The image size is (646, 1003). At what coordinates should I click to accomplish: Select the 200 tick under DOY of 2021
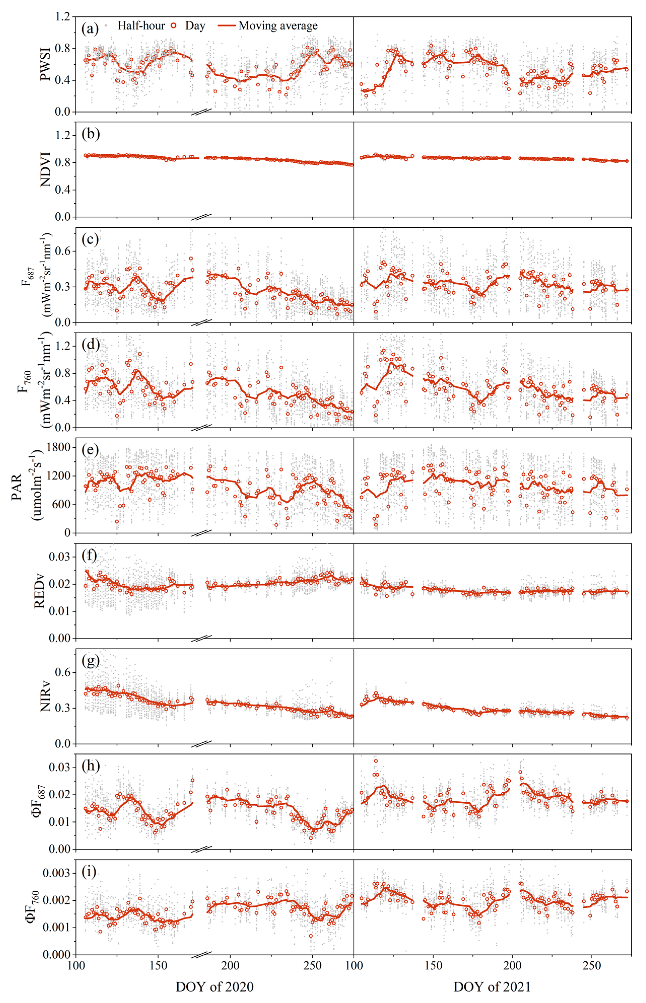pyautogui.click(x=512, y=966)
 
